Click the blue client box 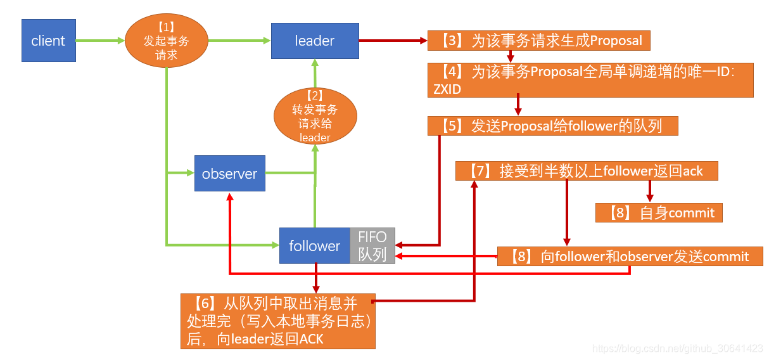pyautogui.click(x=49, y=41)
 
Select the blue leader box pyautogui.click(x=314, y=41)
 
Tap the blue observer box pyautogui.click(x=229, y=174)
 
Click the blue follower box pyautogui.click(x=315, y=245)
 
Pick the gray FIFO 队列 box pyautogui.click(x=372, y=245)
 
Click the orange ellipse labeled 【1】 pyautogui.click(x=166, y=41)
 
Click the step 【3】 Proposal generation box pyautogui.click(x=539, y=41)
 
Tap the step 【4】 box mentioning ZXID pyautogui.click(x=590, y=80)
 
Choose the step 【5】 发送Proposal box pyautogui.click(x=552, y=125)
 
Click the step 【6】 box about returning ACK pyautogui.click(x=277, y=321)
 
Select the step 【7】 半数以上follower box pyautogui.click(x=587, y=170)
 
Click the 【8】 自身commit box pyautogui.click(x=659, y=212)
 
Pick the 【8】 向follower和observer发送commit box pyautogui.click(x=630, y=256)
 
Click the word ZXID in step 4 pyautogui.click(x=447, y=89)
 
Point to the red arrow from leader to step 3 pyautogui.click(x=393, y=41)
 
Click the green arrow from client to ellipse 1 pyautogui.click(x=100, y=41)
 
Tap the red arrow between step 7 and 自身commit pyautogui.click(x=649, y=191)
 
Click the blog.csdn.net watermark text pyautogui.click(x=677, y=348)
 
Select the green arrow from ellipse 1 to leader pyautogui.click(x=239, y=41)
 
